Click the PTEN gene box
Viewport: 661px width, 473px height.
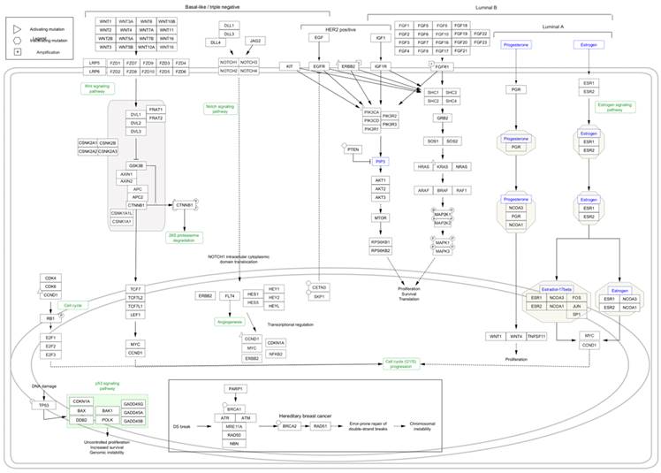coord(353,149)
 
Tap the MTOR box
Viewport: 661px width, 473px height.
coord(381,217)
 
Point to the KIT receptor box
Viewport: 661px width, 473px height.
coord(289,66)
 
